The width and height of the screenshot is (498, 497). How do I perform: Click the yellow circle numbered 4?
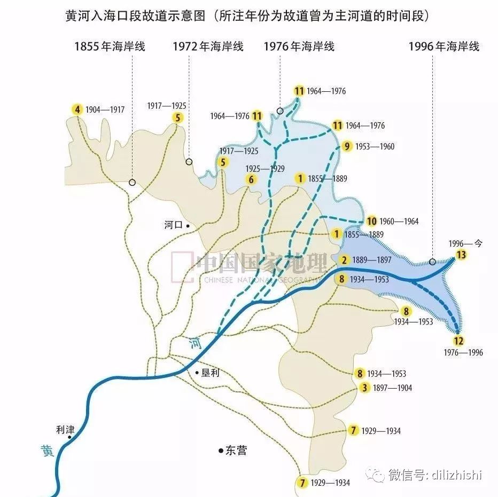[78, 110]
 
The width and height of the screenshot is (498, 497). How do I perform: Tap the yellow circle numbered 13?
[461, 255]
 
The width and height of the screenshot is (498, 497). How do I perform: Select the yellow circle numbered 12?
[458, 341]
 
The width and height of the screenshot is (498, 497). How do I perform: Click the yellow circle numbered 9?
[347, 146]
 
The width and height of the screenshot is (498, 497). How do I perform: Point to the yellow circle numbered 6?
[251, 179]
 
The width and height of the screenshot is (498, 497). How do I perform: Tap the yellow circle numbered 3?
[364, 388]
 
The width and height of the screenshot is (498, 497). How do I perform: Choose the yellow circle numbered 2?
[345, 260]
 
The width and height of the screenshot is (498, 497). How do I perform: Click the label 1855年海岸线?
[110, 46]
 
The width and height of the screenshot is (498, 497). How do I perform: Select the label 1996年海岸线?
[444, 46]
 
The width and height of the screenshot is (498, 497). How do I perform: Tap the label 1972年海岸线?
[208, 46]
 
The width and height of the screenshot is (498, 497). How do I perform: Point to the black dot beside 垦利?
[197, 372]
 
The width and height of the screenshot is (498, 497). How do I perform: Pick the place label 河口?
[174, 226]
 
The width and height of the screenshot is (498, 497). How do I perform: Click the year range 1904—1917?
[105, 110]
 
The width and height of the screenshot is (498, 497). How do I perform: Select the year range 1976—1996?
[463, 353]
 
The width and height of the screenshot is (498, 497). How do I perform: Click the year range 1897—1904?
[393, 388]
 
